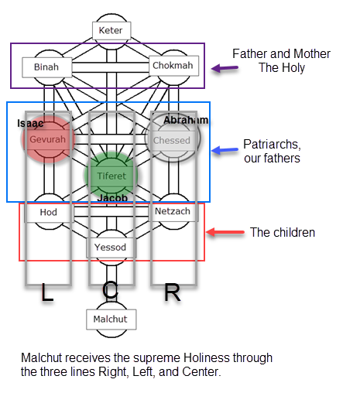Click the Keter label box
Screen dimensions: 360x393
click(111, 31)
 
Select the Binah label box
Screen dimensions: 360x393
click(47, 67)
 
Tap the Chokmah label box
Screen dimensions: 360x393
click(174, 66)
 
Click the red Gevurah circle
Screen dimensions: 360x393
click(49, 139)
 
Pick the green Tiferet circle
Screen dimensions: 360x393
click(111, 176)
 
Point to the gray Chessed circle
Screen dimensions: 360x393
click(173, 138)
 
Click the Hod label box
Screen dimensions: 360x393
click(49, 213)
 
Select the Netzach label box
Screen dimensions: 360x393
click(173, 211)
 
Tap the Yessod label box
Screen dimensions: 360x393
click(111, 248)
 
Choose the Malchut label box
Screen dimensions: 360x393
click(111, 320)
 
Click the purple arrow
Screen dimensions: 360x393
click(225, 68)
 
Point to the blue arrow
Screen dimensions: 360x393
click(225, 150)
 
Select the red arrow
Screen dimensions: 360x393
click(225, 232)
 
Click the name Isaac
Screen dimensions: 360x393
click(30, 123)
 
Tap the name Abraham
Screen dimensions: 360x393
click(186, 120)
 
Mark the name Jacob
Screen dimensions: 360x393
click(112, 198)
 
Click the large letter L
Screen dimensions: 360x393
click(47, 292)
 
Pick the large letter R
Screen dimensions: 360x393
click(173, 292)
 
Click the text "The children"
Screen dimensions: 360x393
click(283, 232)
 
